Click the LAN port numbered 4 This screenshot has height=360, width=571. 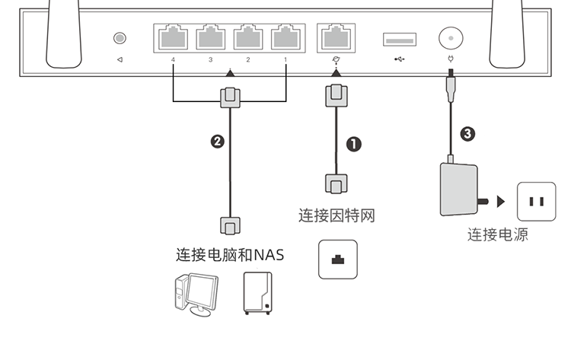[173, 37]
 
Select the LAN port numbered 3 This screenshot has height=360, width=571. [211, 37]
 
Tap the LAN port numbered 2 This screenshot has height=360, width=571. [248, 37]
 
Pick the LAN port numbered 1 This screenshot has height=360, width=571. [285, 37]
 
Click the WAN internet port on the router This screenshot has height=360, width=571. [336, 37]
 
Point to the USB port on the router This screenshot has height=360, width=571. [400, 40]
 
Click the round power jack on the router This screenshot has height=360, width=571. [451, 38]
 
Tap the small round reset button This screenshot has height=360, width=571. [120, 38]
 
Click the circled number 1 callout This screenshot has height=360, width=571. [353, 145]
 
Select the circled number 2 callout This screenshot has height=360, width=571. [218, 142]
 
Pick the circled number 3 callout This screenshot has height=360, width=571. [467, 134]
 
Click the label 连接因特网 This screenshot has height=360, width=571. [337, 215]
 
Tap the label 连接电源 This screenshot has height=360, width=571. [497, 234]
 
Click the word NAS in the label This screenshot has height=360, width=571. [269, 255]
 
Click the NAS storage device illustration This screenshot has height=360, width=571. [257, 293]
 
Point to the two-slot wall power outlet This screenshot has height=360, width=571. [537, 202]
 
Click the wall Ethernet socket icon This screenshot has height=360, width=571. [338, 260]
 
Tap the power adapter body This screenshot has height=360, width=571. [459, 190]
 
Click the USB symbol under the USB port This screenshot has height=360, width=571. [400, 59]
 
